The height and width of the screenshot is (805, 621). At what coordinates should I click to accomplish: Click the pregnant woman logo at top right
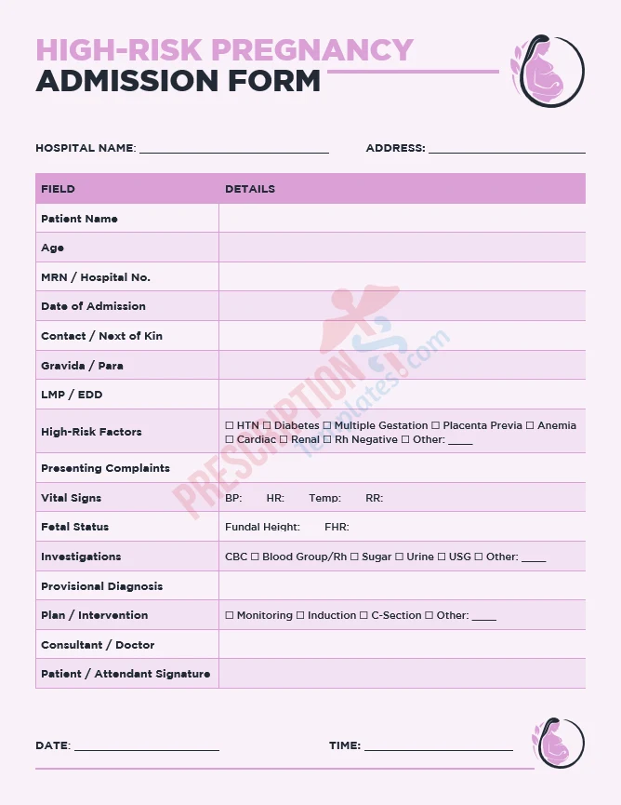pos(548,71)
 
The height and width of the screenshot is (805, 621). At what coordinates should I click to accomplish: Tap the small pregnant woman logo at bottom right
pos(558,744)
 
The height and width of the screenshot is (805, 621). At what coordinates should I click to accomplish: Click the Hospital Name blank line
pos(233,150)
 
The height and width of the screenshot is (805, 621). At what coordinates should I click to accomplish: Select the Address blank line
pos(507,150)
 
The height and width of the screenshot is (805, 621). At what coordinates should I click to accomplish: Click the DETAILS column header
pos(250,189)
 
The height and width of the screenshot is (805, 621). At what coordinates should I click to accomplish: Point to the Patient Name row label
pos(79,219)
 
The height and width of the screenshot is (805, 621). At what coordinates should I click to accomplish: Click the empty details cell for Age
pos(402,248)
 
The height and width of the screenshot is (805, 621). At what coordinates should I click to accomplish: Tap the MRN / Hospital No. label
pos(95,277)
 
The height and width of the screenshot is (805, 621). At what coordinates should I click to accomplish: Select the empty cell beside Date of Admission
pos(402,306)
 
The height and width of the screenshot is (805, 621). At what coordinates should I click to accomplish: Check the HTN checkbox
pos(230,425)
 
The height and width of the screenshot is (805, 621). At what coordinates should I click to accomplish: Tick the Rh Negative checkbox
pos(327,439)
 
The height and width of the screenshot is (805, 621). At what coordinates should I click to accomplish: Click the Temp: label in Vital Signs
pos(324,498)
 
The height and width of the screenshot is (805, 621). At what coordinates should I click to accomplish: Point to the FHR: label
pos(337,527)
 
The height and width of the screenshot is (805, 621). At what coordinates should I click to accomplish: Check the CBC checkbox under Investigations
pos(230,557)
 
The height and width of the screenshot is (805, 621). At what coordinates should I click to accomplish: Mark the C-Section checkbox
pos(363,615)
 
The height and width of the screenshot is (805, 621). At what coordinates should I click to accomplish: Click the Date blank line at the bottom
pos(147,748)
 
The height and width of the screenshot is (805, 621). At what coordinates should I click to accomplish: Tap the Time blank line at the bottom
pos(438,748)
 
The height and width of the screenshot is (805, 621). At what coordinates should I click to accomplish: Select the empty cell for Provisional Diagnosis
pos(402,586)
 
